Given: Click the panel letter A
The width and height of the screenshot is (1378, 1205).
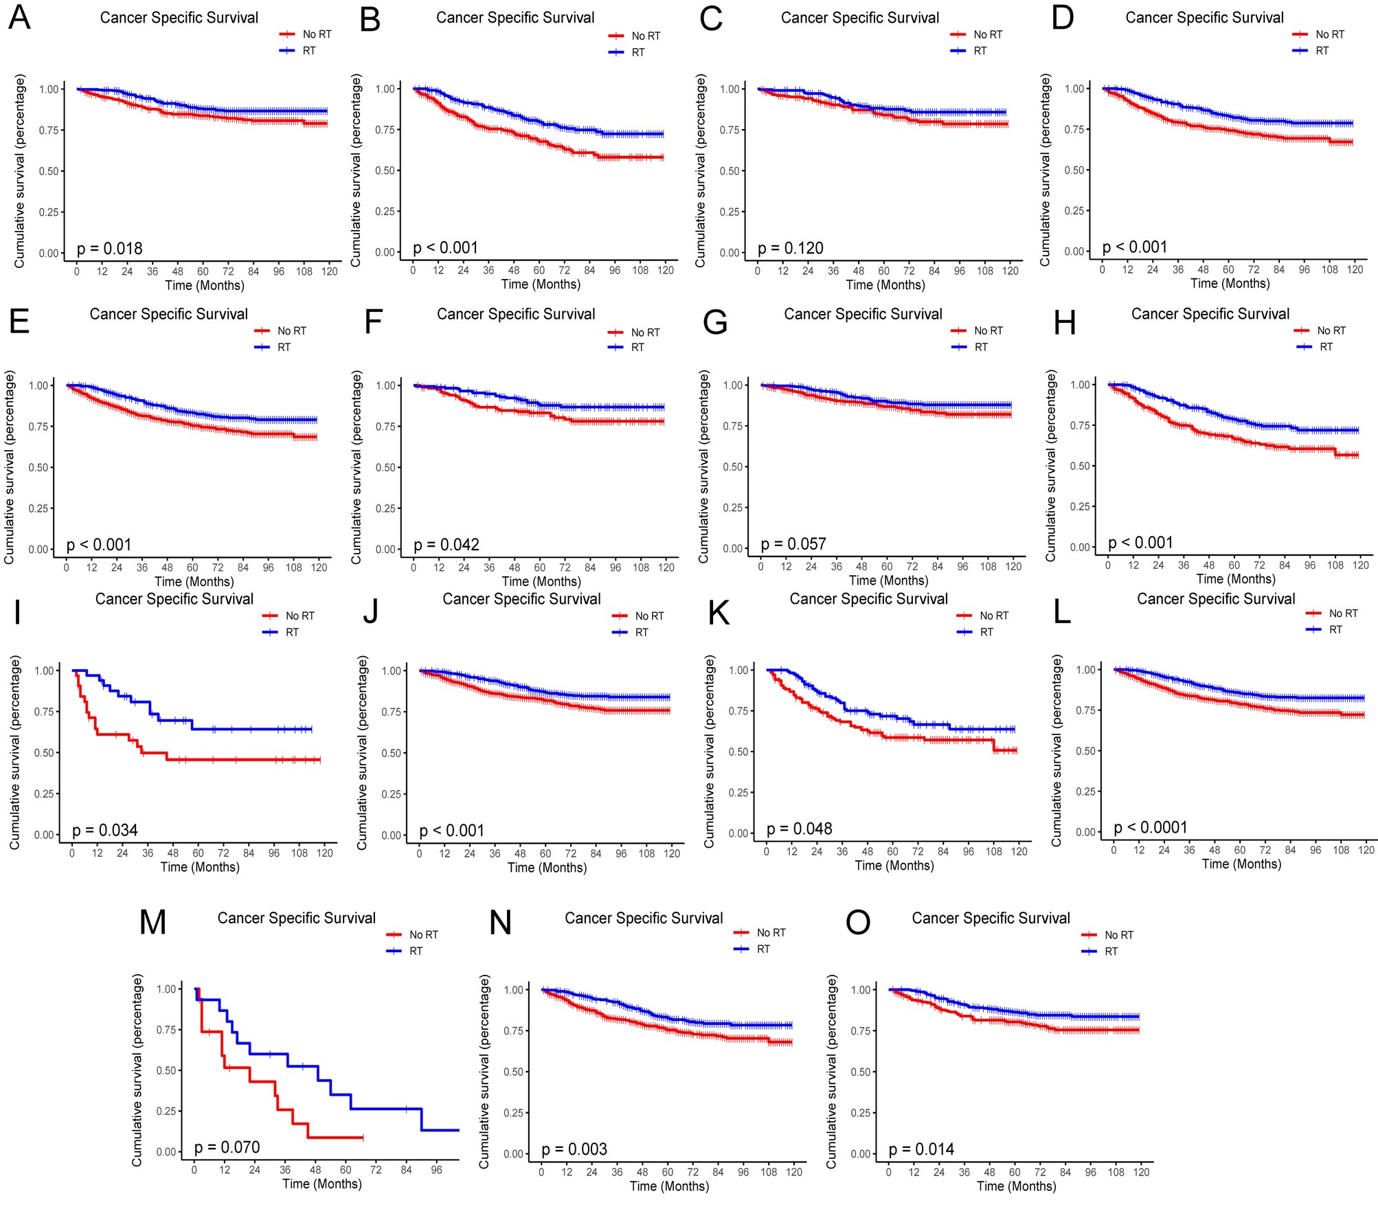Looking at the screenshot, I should click(x=19, y=19).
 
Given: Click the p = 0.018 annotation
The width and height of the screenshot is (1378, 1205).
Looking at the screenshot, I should click(x=110, y=249).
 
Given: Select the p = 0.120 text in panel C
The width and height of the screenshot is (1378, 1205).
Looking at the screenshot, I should click(x=790, y=249).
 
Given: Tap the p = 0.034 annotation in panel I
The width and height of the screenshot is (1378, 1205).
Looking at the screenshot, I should click(x=105, y=831).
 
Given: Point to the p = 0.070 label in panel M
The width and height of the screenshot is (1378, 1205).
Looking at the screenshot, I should click(x=227, y=1147).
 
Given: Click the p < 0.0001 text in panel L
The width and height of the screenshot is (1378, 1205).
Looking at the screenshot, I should click(x=1151, y=828).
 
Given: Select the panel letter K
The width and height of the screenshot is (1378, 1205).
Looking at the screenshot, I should click(x=719, y=613).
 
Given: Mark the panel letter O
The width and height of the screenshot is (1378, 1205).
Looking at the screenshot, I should click(x=857, y=923).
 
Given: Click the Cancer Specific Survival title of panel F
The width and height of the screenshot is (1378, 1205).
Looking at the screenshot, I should click(x=516, y=315).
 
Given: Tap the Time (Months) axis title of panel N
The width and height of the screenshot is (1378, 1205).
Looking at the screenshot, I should click(x=669, y=1186).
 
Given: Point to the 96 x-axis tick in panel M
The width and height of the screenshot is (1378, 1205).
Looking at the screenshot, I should click(x=436, y=1170).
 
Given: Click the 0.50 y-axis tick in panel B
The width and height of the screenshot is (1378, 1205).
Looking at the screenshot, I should click(x=385, y=170).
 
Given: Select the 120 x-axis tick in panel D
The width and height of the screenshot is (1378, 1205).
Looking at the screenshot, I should click(x=1355, y=270).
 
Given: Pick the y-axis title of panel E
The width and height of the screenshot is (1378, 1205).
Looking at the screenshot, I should click(x=10, y=467).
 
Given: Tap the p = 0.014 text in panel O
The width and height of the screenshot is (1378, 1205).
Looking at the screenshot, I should click(x=921, y=1149).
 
